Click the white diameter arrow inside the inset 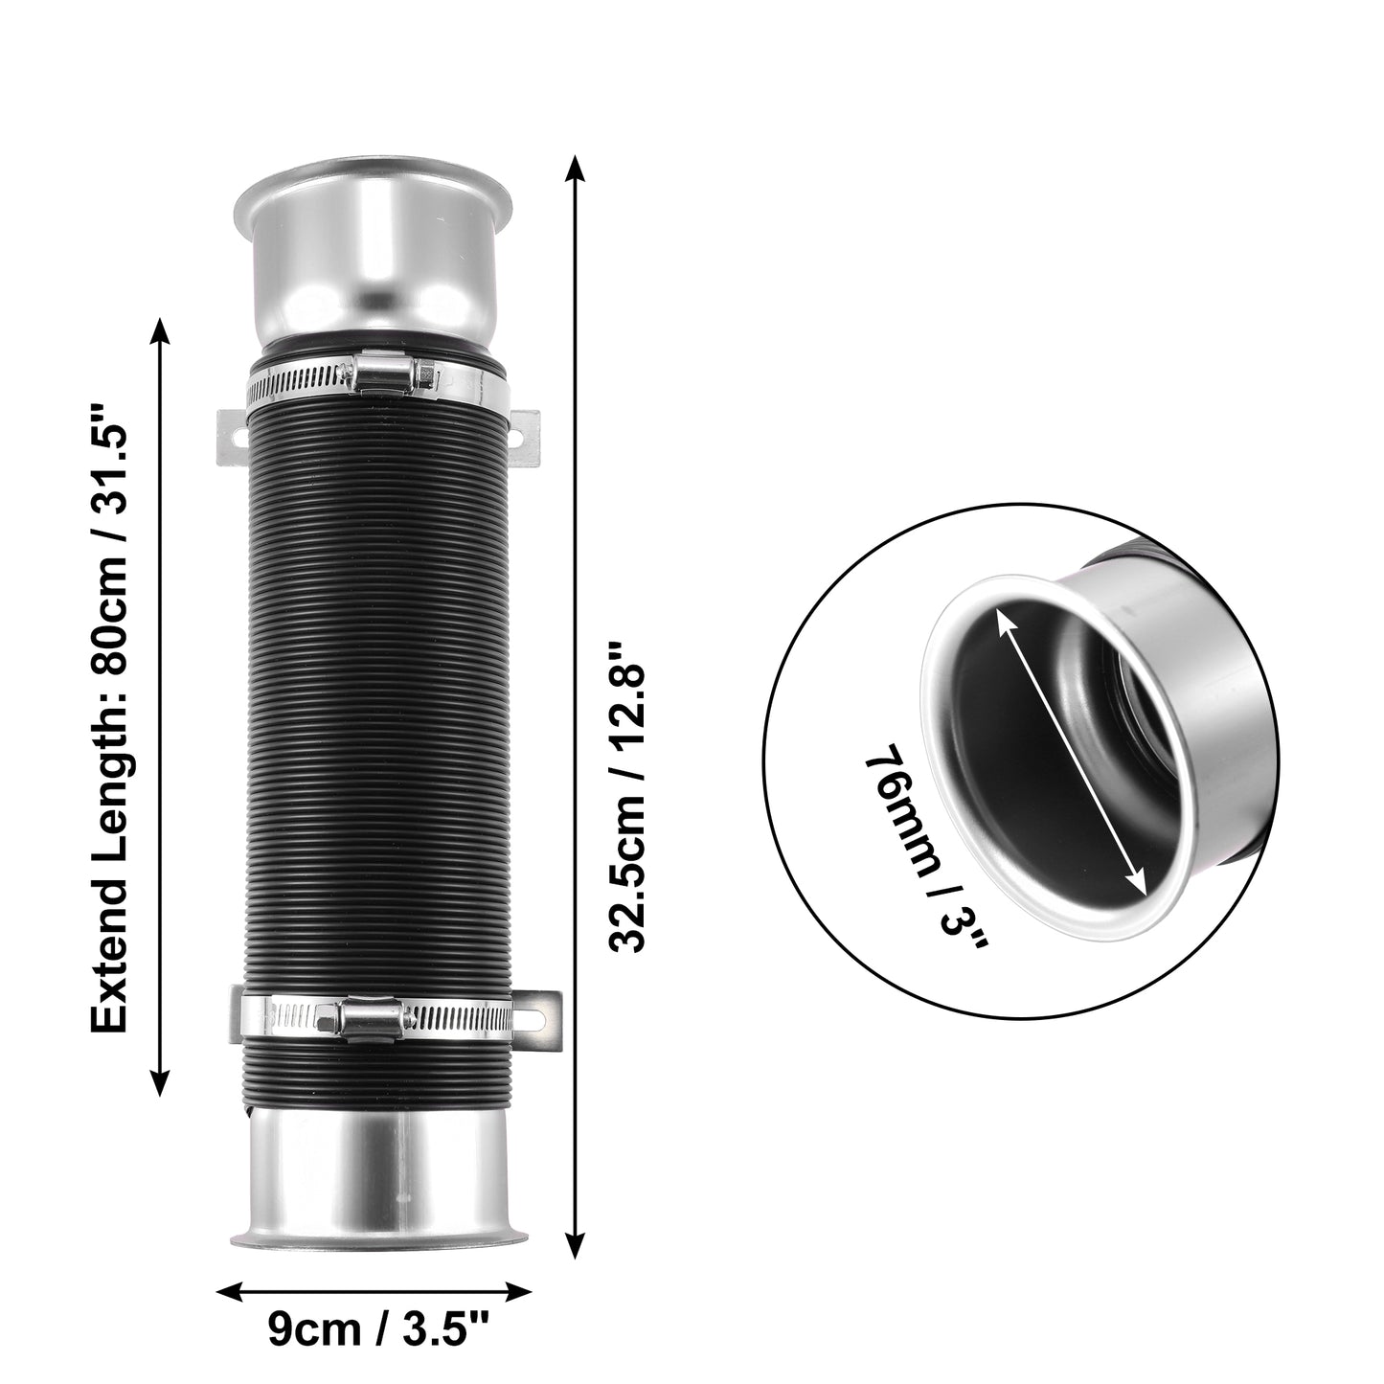pyautogui.click(x=1071, y=766)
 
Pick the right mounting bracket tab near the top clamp pyautogui.click(x=524, y=438)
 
